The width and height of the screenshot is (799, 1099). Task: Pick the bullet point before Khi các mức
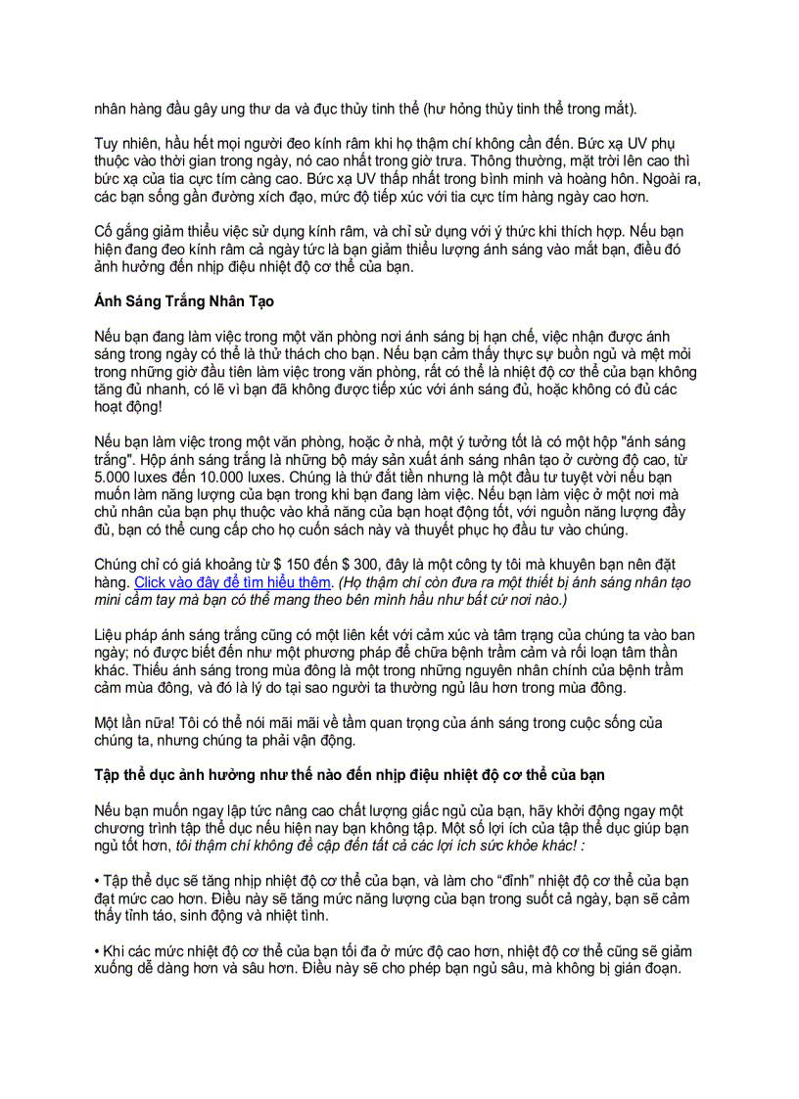pos(98,950)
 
